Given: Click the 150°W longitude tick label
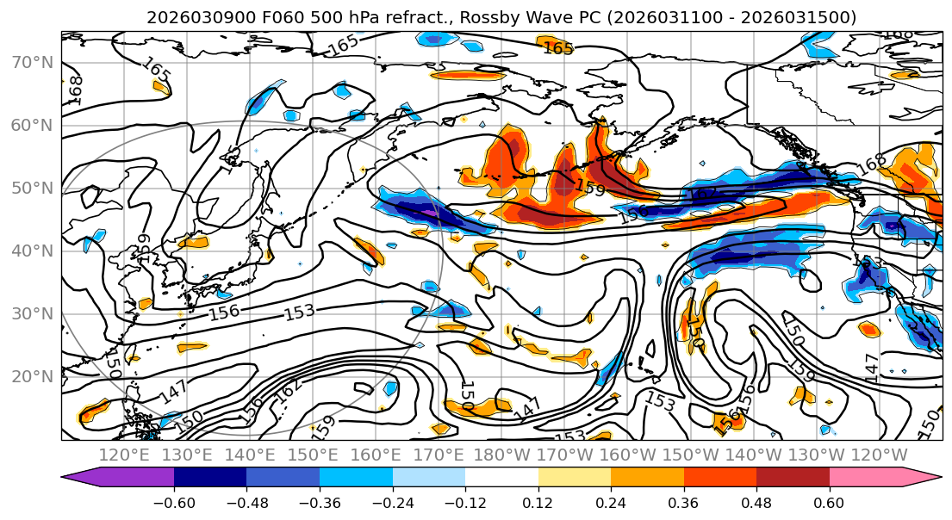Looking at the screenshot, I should pos(693,455).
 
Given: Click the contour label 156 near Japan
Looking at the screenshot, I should pos(223,313).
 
